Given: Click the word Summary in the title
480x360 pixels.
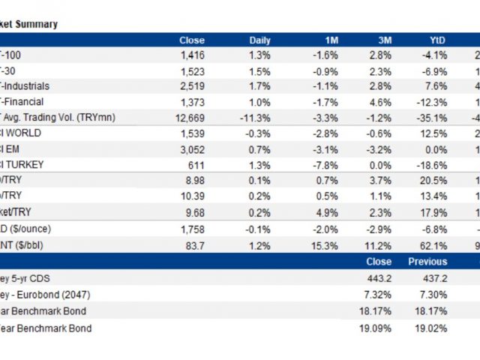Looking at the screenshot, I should pyautogui.click(x=39, y=24).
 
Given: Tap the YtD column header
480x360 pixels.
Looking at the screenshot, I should pyautogui.click(x=437, y=40).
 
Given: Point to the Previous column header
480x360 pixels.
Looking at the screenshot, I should pyautogui.click(x=427, y=262).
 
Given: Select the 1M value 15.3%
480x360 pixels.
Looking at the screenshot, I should pyautogui.click(x=325, y=245).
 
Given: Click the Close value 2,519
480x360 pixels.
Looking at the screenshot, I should pyautogui.click(x=192, y=86).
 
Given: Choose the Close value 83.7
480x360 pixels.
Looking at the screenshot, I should pyautogui.click(x=196, y=245).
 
